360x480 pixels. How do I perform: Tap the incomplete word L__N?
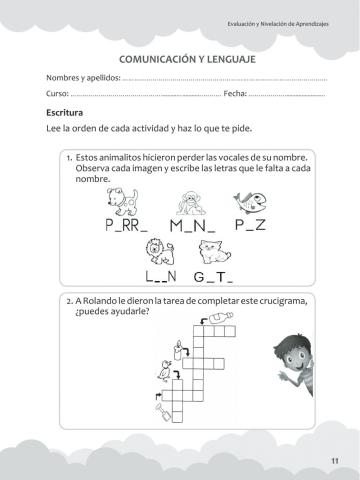pos(160,275)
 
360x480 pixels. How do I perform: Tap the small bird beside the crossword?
pos(155,378)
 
